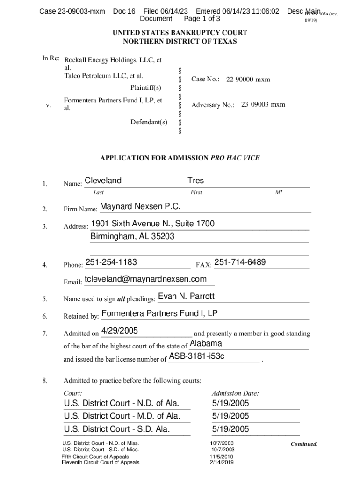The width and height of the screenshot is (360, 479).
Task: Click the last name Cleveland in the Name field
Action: (103, 181)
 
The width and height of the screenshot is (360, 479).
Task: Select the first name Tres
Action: (195, 181)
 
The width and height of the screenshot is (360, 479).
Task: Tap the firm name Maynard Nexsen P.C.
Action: (140, 207)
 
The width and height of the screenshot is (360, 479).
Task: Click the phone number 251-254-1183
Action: (111, 262)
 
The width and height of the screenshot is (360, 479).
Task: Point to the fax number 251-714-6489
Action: (240, 262)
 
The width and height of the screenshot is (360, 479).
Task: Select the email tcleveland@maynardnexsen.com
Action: (145, 279)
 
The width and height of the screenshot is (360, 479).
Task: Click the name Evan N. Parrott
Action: (187, 297)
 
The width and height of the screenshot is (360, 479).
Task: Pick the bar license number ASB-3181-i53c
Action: (196, 357)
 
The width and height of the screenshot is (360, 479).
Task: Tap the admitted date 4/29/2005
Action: (119, 331)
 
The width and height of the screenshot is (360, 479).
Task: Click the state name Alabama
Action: (206, 344)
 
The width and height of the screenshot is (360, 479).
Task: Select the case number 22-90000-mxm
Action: (248, 80)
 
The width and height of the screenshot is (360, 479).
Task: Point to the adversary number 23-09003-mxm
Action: (263, 105)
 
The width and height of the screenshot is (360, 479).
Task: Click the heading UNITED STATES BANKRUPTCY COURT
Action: (180, 33)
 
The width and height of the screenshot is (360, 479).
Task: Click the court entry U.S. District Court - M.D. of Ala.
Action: (121, 416)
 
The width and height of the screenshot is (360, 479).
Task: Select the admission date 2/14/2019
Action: (222, 463)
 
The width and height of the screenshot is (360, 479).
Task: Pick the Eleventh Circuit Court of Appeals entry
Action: (101, 463)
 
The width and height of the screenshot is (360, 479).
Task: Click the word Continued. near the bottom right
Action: (304, 444)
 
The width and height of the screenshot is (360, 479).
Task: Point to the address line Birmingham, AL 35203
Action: (132, 237)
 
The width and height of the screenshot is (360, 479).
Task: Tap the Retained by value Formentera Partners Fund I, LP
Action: (159, 313)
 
